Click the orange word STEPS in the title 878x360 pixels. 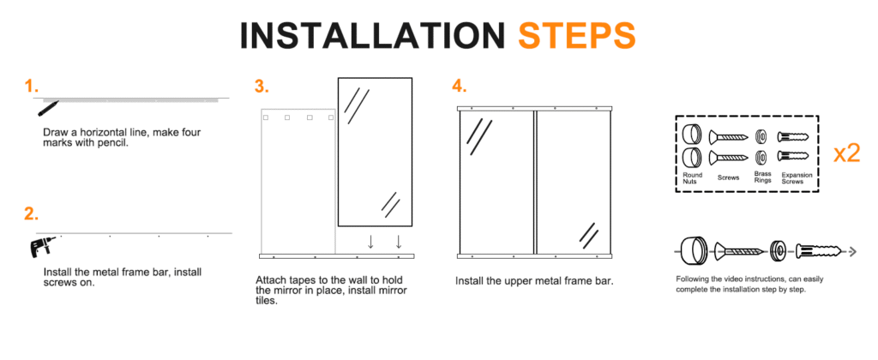click(577, 36)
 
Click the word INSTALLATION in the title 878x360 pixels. click(373, 36)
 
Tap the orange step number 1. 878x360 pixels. click(32, 87)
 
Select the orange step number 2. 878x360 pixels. click(32, 214)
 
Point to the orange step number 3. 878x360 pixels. click(262, 87)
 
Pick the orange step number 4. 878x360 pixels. click(460, 87)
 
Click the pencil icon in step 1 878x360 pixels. click(48, 107)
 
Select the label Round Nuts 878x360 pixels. click(692, 178)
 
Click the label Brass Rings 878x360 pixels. click(762, 177)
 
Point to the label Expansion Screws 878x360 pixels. click(797, 178)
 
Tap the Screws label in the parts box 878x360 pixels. click(728, 177)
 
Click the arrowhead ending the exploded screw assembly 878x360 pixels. click(853, 252)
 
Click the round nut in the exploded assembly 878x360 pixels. click(693, 251)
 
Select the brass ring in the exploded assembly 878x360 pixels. click(777, 251)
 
